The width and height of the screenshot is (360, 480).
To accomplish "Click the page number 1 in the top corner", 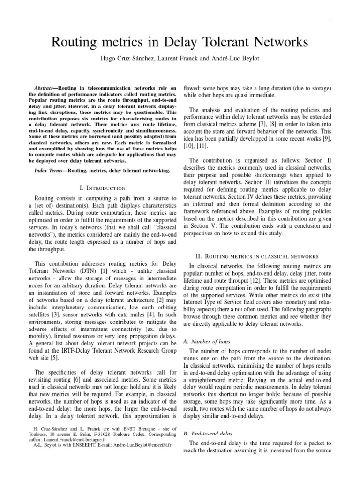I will click(331, 19).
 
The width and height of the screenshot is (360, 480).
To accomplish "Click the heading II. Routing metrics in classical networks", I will click(257, 256).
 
